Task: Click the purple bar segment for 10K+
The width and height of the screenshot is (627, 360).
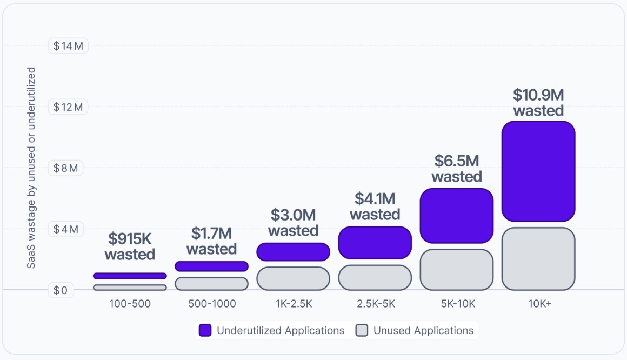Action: (x=538, y=171)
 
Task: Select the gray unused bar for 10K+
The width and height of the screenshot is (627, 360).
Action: (x=538, y=259)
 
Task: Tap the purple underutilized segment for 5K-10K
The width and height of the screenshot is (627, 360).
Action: (x=456, y=216)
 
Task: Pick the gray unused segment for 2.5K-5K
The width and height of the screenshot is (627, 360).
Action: (x=375, y=277)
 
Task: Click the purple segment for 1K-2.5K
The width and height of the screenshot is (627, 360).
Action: (x=293, y=252)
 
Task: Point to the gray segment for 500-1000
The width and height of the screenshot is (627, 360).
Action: (x=211, y=284)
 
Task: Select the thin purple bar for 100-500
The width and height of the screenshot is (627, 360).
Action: (x=130, y=276)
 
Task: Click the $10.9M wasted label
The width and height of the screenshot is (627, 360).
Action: (x=538, y=103)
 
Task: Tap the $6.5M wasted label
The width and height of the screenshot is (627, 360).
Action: (x=456, y=169)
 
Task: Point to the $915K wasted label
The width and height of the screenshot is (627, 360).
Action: (x=130, y=246)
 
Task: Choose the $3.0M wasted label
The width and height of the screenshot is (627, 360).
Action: (x=293, y=223)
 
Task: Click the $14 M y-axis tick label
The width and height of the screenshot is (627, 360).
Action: (x=68, y=46)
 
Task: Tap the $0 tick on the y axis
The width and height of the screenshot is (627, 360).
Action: (x=61, y=291)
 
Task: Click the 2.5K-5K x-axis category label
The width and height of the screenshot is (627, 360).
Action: (x=375, y=304)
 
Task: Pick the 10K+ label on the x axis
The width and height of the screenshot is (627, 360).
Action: (x=539, y=304)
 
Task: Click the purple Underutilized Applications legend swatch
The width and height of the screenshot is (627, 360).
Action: (x=205, y=330)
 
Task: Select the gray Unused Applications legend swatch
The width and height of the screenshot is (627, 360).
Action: (x=362, y=330)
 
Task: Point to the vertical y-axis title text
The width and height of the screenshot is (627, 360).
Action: (x=31, y=168)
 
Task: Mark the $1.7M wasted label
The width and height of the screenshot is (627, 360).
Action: (x=211, y=241)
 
